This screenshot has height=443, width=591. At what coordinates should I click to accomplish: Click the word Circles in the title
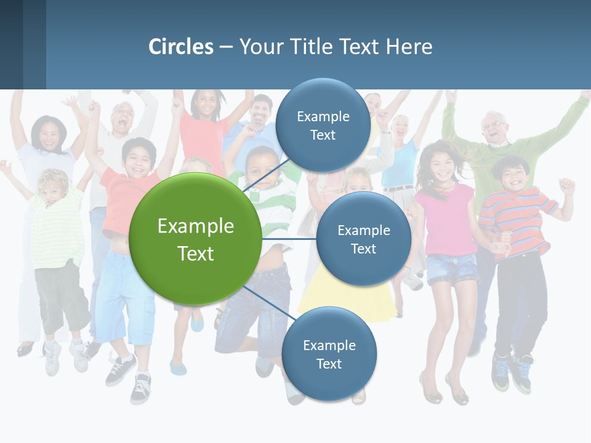[x=181, y=47]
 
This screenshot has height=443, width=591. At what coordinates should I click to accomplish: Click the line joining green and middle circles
[x=289, y=239]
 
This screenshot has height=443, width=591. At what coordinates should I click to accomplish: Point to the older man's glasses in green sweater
[x=494, y=126]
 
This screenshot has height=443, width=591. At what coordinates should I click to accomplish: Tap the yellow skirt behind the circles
[x=345, y=301]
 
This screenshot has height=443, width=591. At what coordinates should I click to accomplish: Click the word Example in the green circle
[x=196, y=226]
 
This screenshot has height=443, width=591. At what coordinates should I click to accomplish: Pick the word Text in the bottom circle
[x=329, y=364]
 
